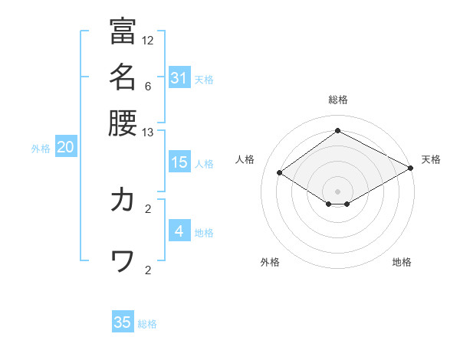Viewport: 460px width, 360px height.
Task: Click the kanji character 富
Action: click(123, 31)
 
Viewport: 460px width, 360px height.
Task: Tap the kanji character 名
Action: click(123, 77)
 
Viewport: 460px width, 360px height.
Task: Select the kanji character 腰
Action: click(123, 122)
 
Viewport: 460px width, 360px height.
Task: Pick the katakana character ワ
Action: click(123, 262)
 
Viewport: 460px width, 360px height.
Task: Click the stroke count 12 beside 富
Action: click(148, 40)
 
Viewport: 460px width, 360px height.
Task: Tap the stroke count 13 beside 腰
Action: click(148, 132)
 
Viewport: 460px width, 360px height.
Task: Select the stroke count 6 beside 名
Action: click(148, 87)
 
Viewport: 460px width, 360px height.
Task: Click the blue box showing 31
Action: click(179, 77)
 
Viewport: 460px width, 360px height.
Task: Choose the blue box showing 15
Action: click(179, 162)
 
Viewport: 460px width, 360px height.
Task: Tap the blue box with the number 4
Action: click(179, 231)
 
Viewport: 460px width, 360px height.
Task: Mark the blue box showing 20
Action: click(65, 148)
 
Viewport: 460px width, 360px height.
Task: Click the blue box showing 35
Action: click(123, 322)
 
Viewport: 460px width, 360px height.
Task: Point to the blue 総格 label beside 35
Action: click(148, 324)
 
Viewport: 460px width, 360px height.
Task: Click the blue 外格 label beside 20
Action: click(41, 149)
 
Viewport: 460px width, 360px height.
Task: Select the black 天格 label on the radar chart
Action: click(431, 159)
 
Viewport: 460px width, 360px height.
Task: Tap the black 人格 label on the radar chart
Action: click(245, 159)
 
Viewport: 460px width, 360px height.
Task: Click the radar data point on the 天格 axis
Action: click(412, 168)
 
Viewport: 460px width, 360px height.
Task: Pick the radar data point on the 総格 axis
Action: click(337, 130)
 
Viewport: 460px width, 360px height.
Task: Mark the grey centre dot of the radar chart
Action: click(337, 191)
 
